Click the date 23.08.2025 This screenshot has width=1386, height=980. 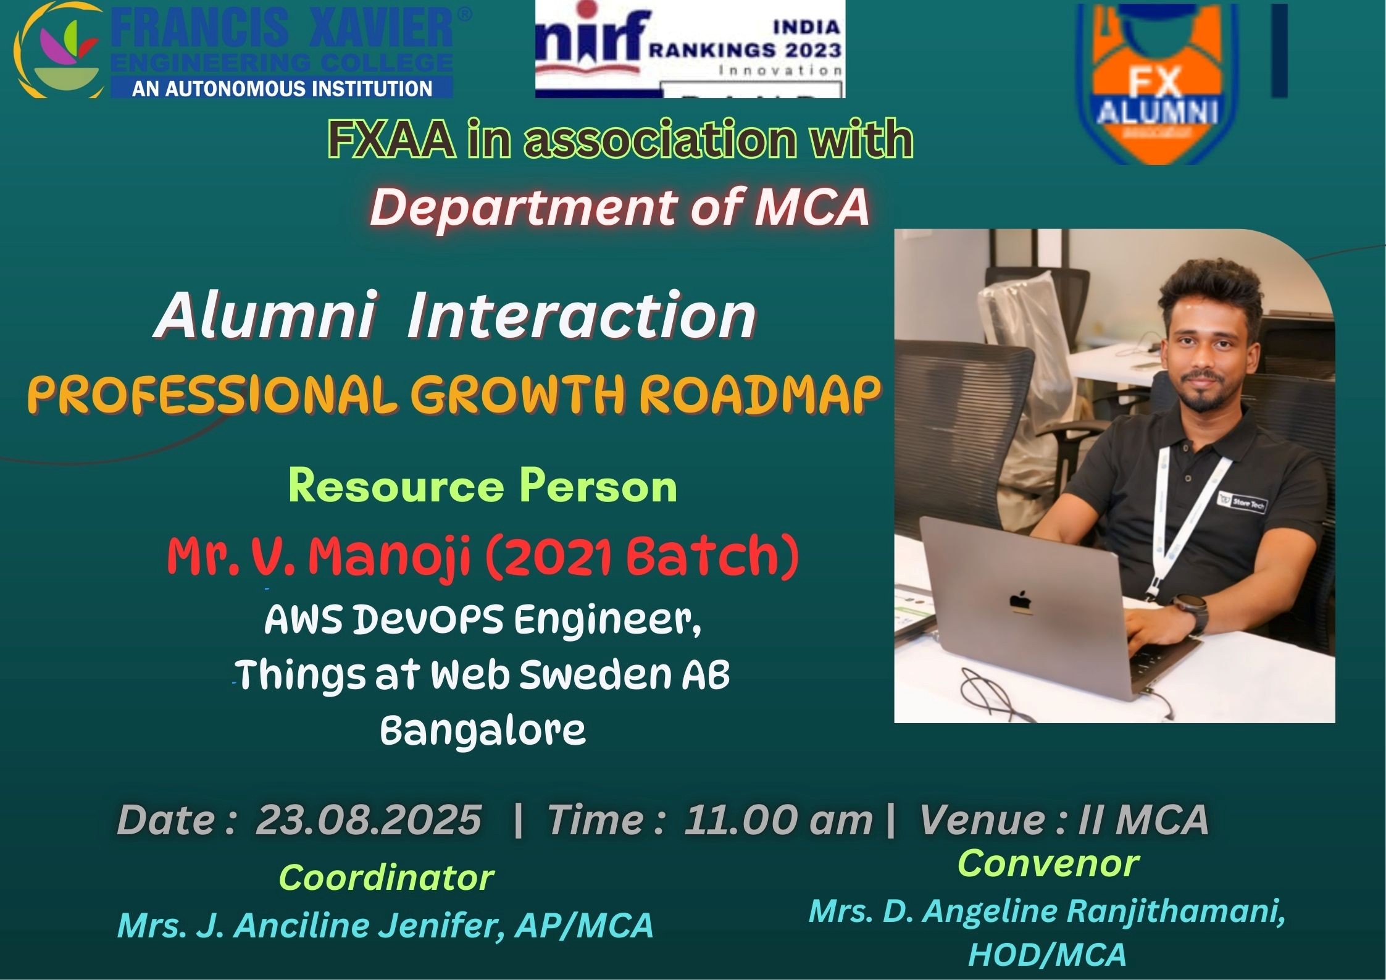click(x=369, y=820)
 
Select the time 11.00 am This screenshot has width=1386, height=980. click(x=778, y=820)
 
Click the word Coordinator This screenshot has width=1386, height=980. click(x=386, y=877)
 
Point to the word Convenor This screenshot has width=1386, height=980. click(x=1048, y=863)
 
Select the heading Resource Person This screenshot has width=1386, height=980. click(x=483, y=487)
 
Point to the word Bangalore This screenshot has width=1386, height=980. click(x=483, y=731)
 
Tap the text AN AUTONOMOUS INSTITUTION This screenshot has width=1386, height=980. click(x=282, y=88)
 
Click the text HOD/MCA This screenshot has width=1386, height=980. click(x=1047, y=955)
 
